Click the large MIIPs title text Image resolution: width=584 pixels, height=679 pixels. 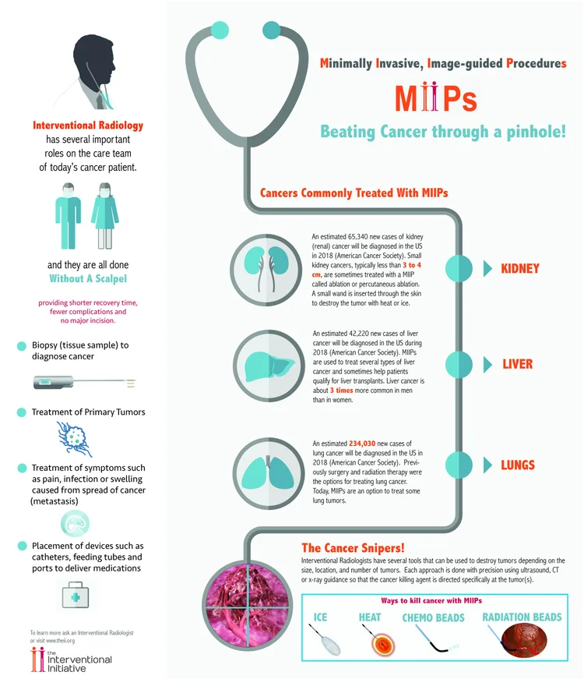coord(435,99)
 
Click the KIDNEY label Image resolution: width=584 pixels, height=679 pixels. coord(519,268)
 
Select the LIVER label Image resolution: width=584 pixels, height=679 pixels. coord(517,364)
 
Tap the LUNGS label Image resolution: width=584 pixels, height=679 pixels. coord(518,465)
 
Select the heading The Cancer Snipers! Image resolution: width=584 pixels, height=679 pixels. coord(352,548)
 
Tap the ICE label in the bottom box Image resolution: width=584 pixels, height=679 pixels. coord(320,617)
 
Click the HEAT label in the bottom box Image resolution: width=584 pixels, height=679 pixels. coord(370,617)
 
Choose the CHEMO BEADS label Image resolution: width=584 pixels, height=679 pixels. coord(433,617)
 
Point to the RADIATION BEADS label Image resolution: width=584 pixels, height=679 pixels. coord(522,617)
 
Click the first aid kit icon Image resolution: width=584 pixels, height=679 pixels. coord(80,595)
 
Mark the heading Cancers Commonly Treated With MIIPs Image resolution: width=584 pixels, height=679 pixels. coord(354,192)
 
